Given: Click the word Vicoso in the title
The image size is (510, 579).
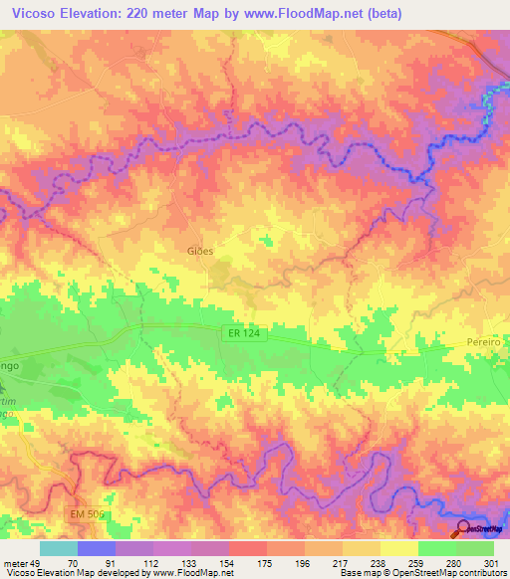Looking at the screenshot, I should pyautogui.click(x=31, y=13).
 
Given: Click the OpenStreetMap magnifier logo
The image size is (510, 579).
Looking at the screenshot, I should pyautogui.click(x=462, y=527).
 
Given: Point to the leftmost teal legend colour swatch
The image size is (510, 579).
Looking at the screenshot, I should pyautogui.click(x=58, y=548).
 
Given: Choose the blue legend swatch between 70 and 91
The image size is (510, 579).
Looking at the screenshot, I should pyautogui.click(x=96, y=548).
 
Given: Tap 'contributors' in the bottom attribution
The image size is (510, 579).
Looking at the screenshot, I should pyautogui.click(x=482, y=573).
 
